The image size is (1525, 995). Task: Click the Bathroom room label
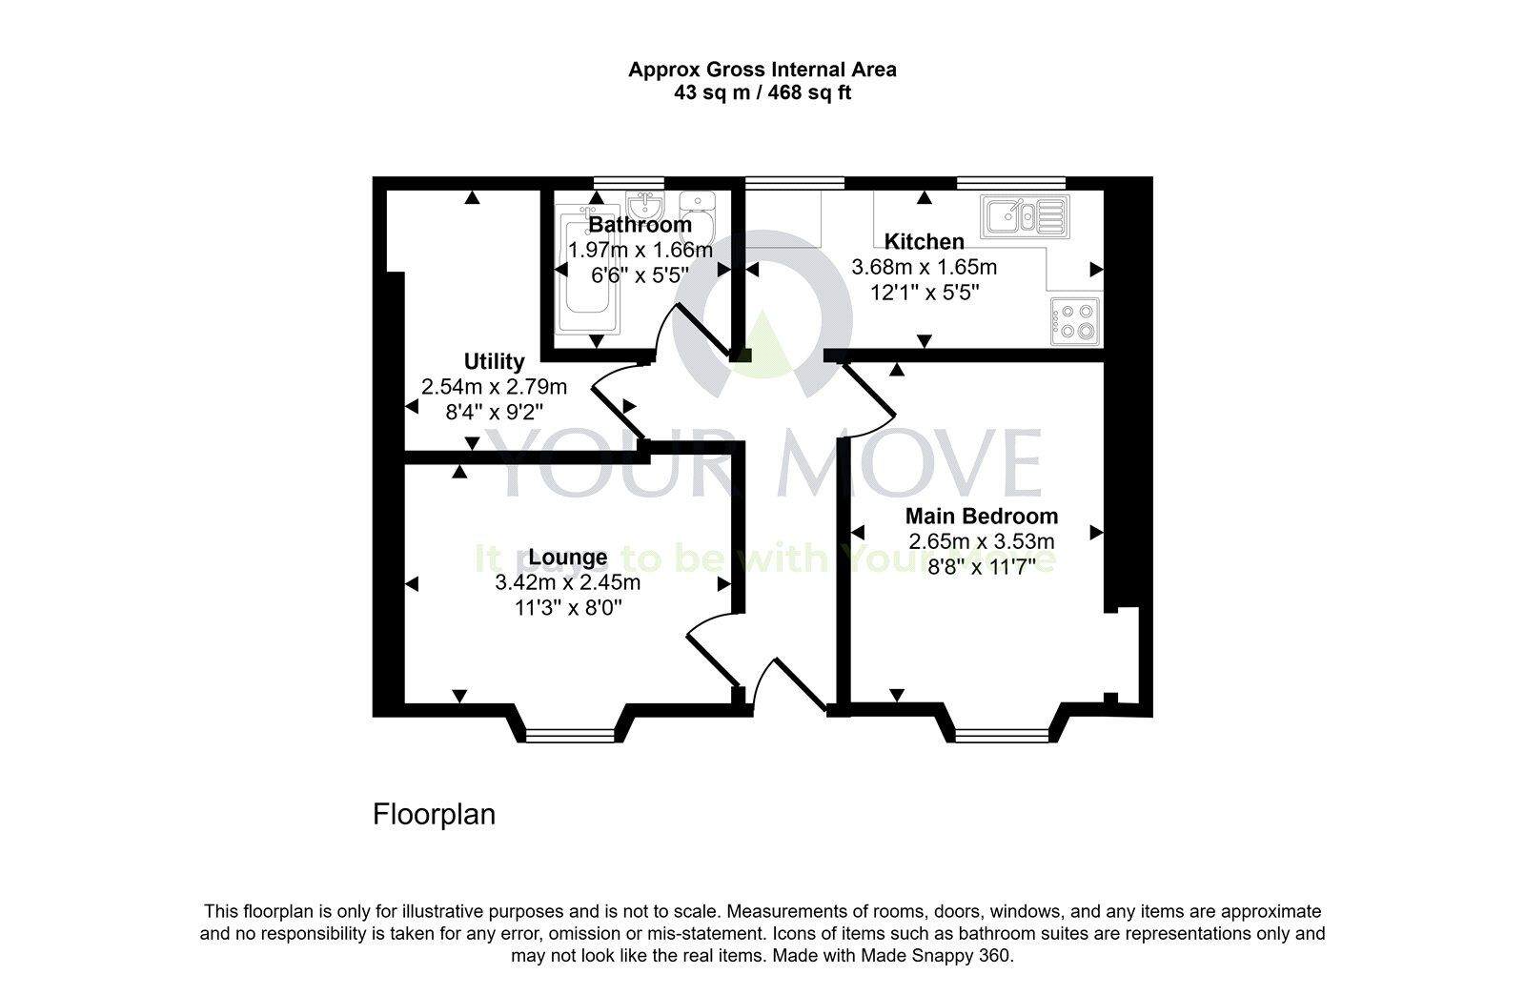pos(640,225)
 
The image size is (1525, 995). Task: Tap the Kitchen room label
pos(924,242)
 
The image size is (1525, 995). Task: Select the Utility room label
pos(494,362)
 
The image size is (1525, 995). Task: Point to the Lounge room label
pos(568,558)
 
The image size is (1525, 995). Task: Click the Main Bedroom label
pos(981,517)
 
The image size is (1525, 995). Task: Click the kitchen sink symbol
pos(1027,216)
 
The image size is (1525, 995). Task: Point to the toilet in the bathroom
pos(699,213)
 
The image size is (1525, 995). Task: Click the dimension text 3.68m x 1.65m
pos(924,268)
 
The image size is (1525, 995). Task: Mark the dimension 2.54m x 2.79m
pos(494,387)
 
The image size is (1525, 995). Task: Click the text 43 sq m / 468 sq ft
pos(762,93)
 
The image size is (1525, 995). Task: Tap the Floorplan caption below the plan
pos(434,816)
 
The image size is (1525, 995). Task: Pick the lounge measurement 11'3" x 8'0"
pos(568,608)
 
